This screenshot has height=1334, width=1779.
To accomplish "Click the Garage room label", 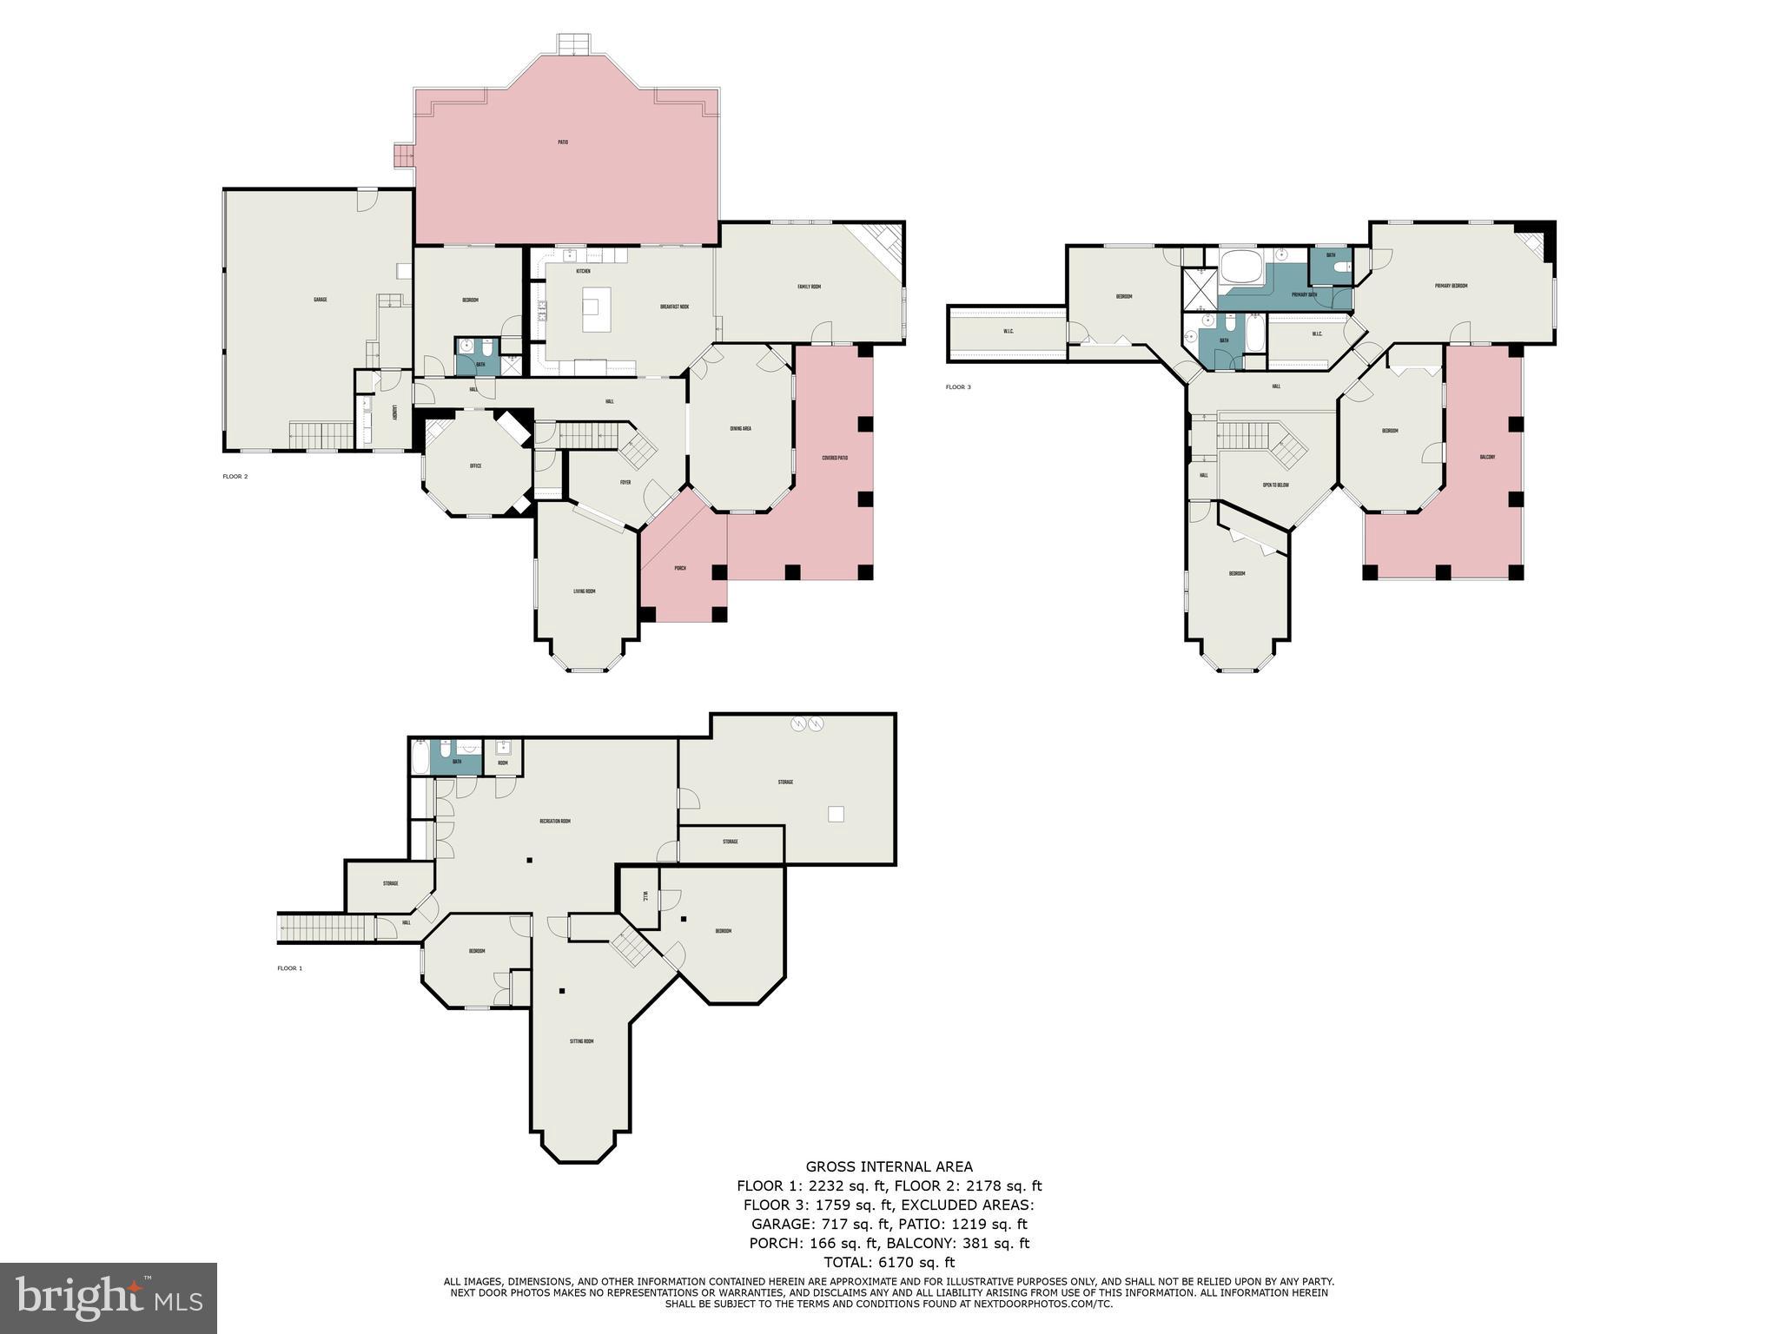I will point(320,300).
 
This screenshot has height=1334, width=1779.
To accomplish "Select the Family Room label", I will point(809,287).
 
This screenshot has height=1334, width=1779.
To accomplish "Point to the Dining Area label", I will point(740,428).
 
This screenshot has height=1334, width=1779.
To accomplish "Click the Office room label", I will point(475,466).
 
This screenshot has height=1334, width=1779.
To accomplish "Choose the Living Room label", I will point(584,591).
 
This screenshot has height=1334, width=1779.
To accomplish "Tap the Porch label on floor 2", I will point(680,568).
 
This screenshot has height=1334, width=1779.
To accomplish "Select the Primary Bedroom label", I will point(1451,286).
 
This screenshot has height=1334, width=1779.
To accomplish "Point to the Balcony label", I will point(1487,458).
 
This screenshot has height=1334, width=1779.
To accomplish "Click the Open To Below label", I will point(1275,485).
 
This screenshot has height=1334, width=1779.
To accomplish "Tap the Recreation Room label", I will point(554,821).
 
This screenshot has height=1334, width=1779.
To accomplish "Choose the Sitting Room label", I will point(581,1041).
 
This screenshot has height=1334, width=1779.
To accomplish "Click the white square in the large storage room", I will point(836,814).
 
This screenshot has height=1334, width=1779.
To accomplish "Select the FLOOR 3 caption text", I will point(958,386).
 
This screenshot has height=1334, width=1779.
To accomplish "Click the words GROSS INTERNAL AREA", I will point(889,1166).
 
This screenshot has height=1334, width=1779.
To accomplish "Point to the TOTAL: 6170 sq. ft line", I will point(889,1262).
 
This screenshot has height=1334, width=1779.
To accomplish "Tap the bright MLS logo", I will point(109,1298).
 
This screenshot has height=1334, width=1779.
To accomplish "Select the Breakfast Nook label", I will point(674,307).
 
